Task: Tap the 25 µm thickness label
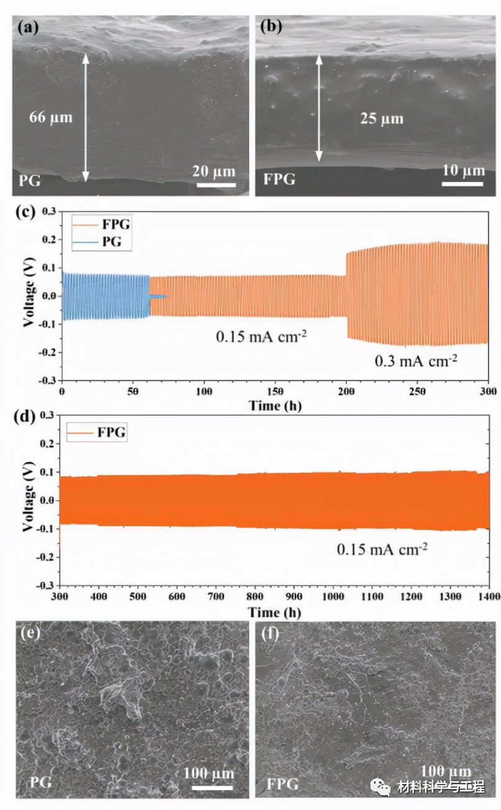(x=382, y=118)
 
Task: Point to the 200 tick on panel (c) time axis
(x=346, y=392)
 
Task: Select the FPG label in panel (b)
(x=279, y=180)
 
